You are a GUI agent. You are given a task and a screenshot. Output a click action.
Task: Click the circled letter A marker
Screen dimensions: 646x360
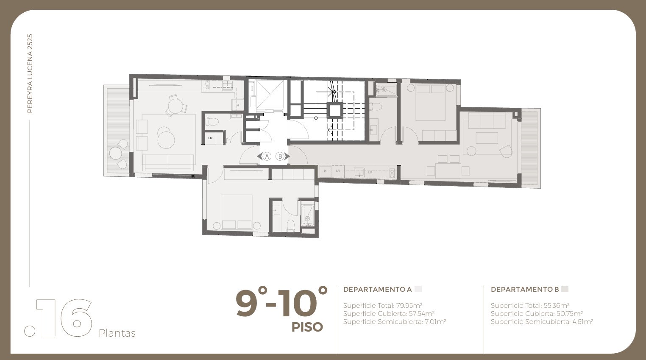(x=267, y=156)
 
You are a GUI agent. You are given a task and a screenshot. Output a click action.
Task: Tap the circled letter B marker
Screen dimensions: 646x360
(x=280, y=156)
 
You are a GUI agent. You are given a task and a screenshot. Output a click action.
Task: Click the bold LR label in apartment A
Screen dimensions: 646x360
(x=210, y=138)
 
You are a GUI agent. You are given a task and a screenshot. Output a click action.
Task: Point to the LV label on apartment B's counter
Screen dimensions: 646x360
(x=370, y=172)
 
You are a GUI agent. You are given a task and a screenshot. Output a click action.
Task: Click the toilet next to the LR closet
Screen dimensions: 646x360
(x=212, y=121)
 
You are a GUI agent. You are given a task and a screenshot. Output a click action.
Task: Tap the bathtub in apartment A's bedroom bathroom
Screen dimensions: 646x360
(x=308, y=216)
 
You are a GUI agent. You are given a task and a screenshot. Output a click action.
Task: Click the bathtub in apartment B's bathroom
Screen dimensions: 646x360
(x=386, y=90)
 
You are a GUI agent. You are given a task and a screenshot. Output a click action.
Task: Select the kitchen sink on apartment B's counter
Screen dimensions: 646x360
(x=359, y=172)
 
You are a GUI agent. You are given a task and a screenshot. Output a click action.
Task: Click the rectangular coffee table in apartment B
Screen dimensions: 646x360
(x=487, y=138)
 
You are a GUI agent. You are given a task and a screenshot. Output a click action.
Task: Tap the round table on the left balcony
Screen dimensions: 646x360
(x=115, y=153)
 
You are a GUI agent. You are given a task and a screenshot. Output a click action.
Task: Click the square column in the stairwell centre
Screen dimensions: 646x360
(x=335, y=110)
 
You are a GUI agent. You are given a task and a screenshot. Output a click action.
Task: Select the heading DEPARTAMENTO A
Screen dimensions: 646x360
(x=377, y=289)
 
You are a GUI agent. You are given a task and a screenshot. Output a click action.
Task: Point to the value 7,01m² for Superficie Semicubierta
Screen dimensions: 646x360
(x=435, y=322)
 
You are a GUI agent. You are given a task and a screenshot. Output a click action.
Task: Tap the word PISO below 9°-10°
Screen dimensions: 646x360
(x=307, y=327)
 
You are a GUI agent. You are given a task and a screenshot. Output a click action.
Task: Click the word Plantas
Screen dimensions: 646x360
(x=117, y=333)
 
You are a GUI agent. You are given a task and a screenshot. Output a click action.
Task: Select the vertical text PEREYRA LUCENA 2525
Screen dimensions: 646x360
(x=30, y=73)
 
